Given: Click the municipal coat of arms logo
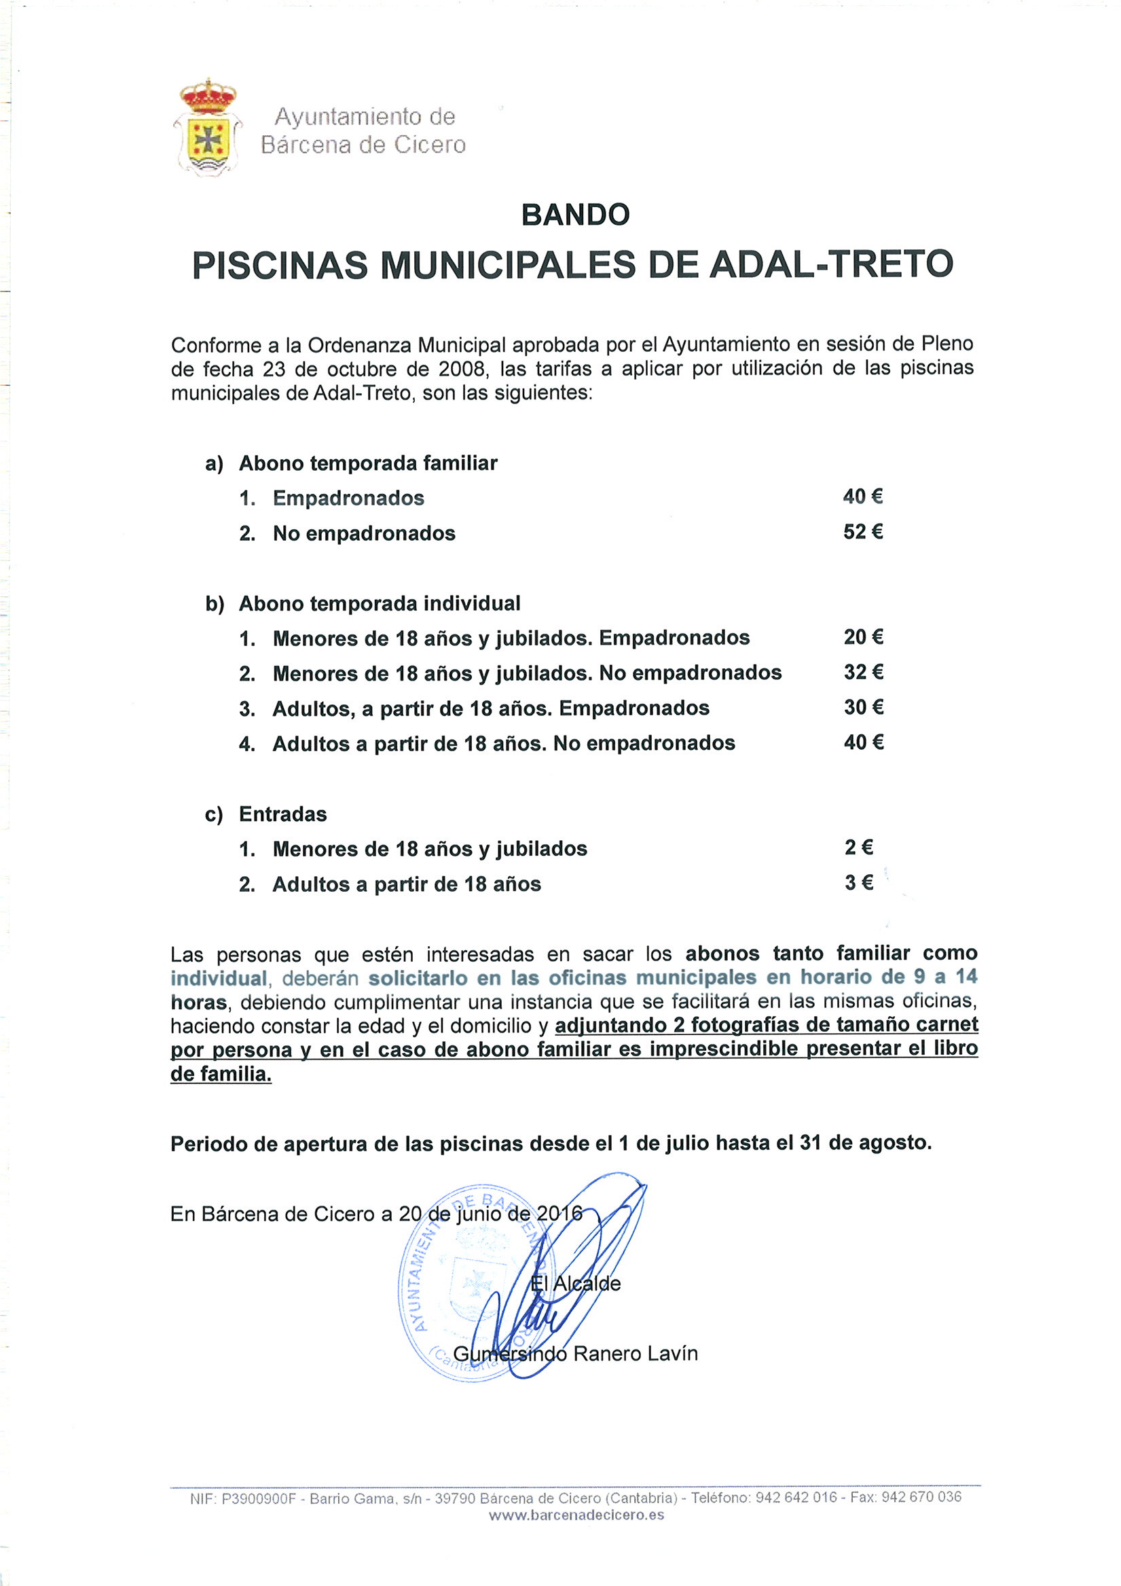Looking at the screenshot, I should point(207,128).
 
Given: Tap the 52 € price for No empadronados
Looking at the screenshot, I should point(863,532).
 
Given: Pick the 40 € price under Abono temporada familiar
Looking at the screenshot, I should point(863,497).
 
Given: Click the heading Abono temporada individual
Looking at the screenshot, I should point(379,603).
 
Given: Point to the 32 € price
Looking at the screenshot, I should point(864,672).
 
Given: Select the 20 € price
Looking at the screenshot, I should point(864,637).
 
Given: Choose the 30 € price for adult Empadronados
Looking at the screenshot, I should point(864,707).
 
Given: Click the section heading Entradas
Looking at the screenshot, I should point(282,814).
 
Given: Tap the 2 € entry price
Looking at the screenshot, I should point(858,848).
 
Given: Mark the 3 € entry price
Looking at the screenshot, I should point(858,883).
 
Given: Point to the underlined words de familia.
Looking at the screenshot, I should point(221,1074).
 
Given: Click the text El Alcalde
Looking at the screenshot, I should point(575,1284).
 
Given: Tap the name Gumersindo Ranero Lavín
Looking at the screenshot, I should point(575,1353).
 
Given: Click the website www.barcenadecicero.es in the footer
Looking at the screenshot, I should point(576,1515).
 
